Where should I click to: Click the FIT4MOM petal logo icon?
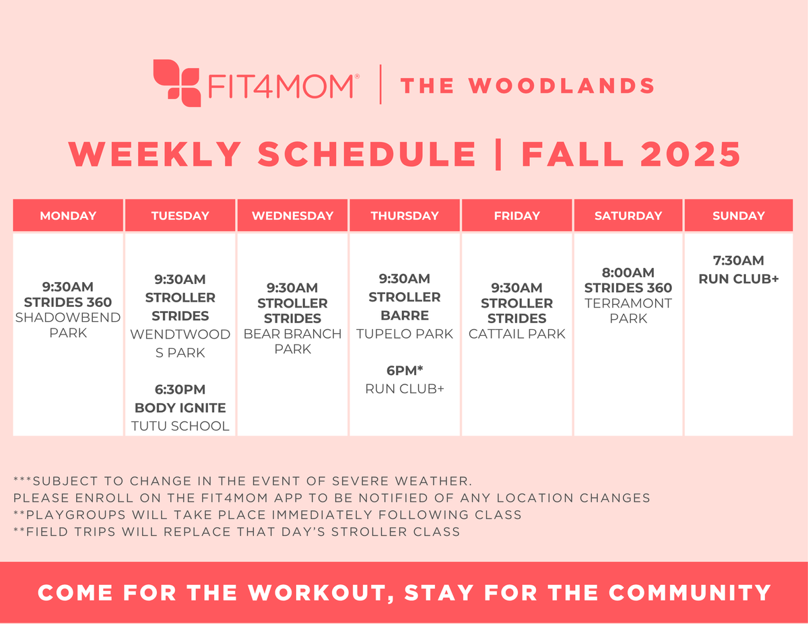coord(176,83)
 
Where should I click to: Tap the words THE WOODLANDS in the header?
coord(527,86)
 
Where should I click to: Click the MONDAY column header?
coord(68,216)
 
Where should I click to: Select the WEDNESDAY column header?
coord(292,216)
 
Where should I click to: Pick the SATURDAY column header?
coord(628,216)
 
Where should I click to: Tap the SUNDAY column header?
coord(739,216)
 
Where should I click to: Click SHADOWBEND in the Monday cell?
coord(68,317)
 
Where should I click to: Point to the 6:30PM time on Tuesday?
coord(180,390)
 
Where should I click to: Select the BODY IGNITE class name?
coord(180,408)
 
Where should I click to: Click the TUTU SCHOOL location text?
coord(180,425)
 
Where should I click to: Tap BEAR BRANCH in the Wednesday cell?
coord(292,334)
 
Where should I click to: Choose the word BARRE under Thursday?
coord(404,315)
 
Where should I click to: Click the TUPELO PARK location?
coord(404,334)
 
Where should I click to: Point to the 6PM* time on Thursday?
coord(404,370)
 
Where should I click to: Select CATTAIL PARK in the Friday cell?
coord(516,334)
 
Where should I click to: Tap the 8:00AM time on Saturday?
coord(628,273)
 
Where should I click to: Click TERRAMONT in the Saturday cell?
coord(628,303)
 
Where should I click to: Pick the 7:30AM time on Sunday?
coord(739,261)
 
